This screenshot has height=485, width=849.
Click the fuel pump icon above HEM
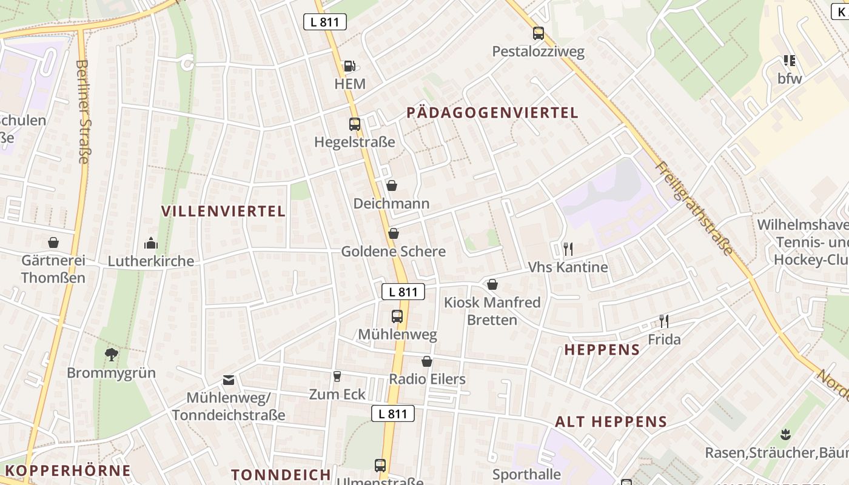349,65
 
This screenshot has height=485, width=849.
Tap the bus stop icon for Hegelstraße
355,124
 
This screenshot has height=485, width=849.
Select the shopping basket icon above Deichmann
392,185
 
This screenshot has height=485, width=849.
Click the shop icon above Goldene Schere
394,233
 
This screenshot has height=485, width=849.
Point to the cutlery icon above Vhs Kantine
568,249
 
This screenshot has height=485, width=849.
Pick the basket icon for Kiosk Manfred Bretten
492,284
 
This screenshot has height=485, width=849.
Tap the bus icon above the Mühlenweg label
397,316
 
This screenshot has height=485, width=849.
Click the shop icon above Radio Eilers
428,361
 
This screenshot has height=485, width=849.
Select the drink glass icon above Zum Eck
337,376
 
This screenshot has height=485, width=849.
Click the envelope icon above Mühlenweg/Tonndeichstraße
228,380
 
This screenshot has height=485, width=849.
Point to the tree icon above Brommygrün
111,354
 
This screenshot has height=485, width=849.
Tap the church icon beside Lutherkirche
151,243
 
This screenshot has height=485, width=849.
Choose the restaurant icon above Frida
664,321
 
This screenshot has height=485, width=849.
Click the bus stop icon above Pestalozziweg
539,33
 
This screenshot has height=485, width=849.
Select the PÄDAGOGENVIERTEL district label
492,113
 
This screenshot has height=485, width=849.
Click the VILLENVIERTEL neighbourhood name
223,211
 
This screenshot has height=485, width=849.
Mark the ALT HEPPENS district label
611,422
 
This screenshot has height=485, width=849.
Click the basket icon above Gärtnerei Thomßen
53,242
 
